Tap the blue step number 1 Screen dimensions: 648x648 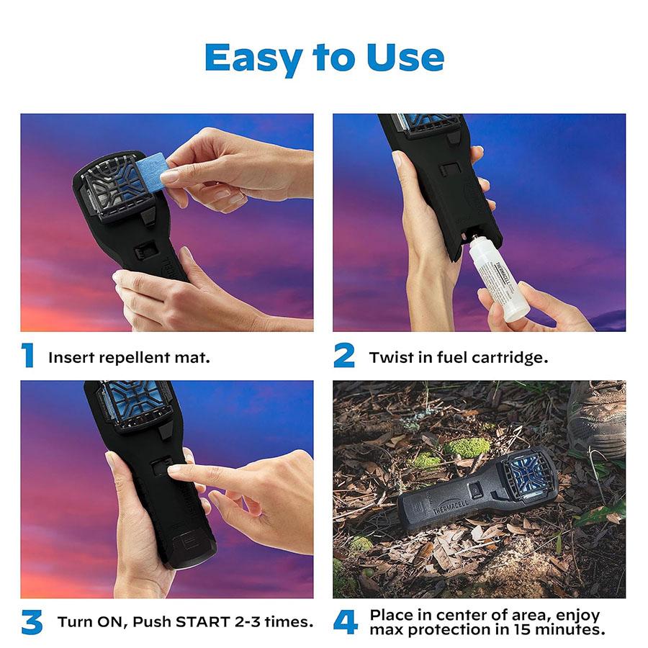pos(28,356)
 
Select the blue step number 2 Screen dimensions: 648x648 pos(344,356)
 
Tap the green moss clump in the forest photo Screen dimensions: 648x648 pos(466,447)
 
